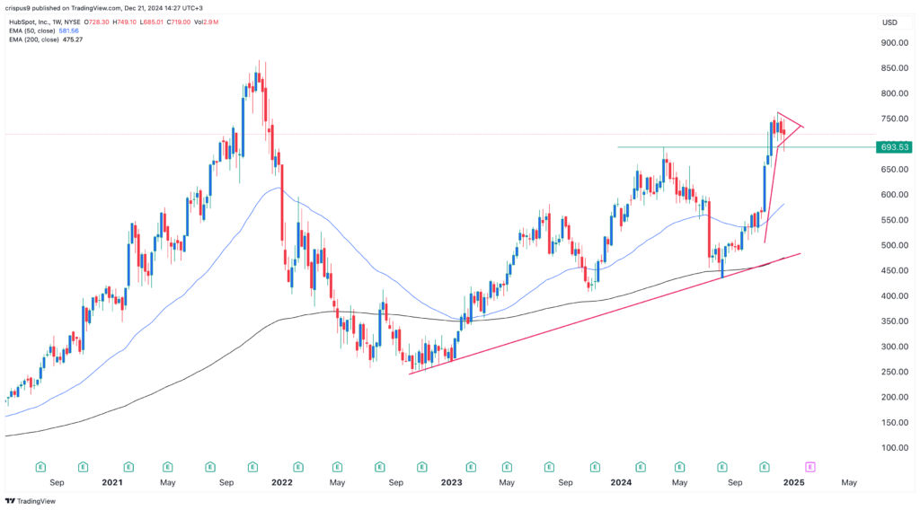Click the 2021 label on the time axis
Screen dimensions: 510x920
tap(112, 482)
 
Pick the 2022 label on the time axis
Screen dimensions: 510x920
tap(282, 482)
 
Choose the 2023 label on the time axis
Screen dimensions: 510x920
tap(451, 482)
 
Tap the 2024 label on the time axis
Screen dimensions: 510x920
tap(621, 482)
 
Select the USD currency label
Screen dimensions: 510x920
tap(889, 22)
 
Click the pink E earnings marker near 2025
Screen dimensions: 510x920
tap(809, 467)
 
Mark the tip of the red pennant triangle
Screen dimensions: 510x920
tap(803, 127)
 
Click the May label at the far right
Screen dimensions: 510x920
tap(848, 482)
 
